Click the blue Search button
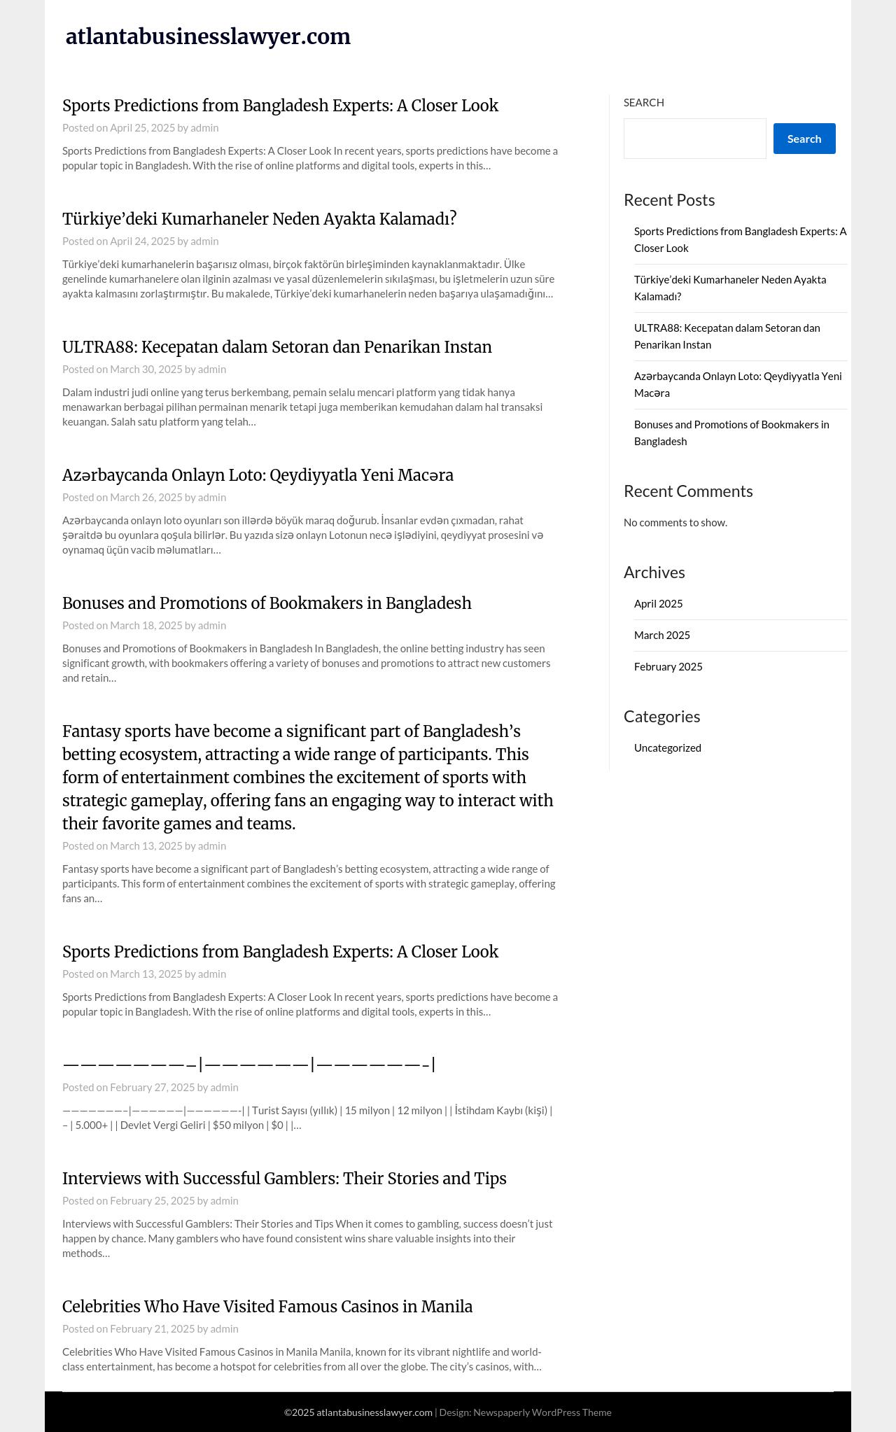(804, 139)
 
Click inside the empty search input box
(694, 139)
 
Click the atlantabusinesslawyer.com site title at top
(208, 36)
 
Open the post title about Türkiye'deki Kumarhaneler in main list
(259, 219)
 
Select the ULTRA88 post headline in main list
(276, 347)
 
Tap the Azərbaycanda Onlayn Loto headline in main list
(258, 475)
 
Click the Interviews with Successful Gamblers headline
(284, 1179)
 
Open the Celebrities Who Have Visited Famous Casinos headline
(267, 1307)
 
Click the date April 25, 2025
(142, 128)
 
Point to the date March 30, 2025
(146, 370)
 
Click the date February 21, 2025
(152, 1329)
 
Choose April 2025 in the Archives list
(658, 604)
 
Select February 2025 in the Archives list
(668, 667)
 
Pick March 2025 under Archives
(661, 636)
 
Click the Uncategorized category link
(667, 748)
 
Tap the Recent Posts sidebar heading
(668, 200)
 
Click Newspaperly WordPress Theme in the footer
(542, 1412)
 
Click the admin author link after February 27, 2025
(224, 1088)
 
